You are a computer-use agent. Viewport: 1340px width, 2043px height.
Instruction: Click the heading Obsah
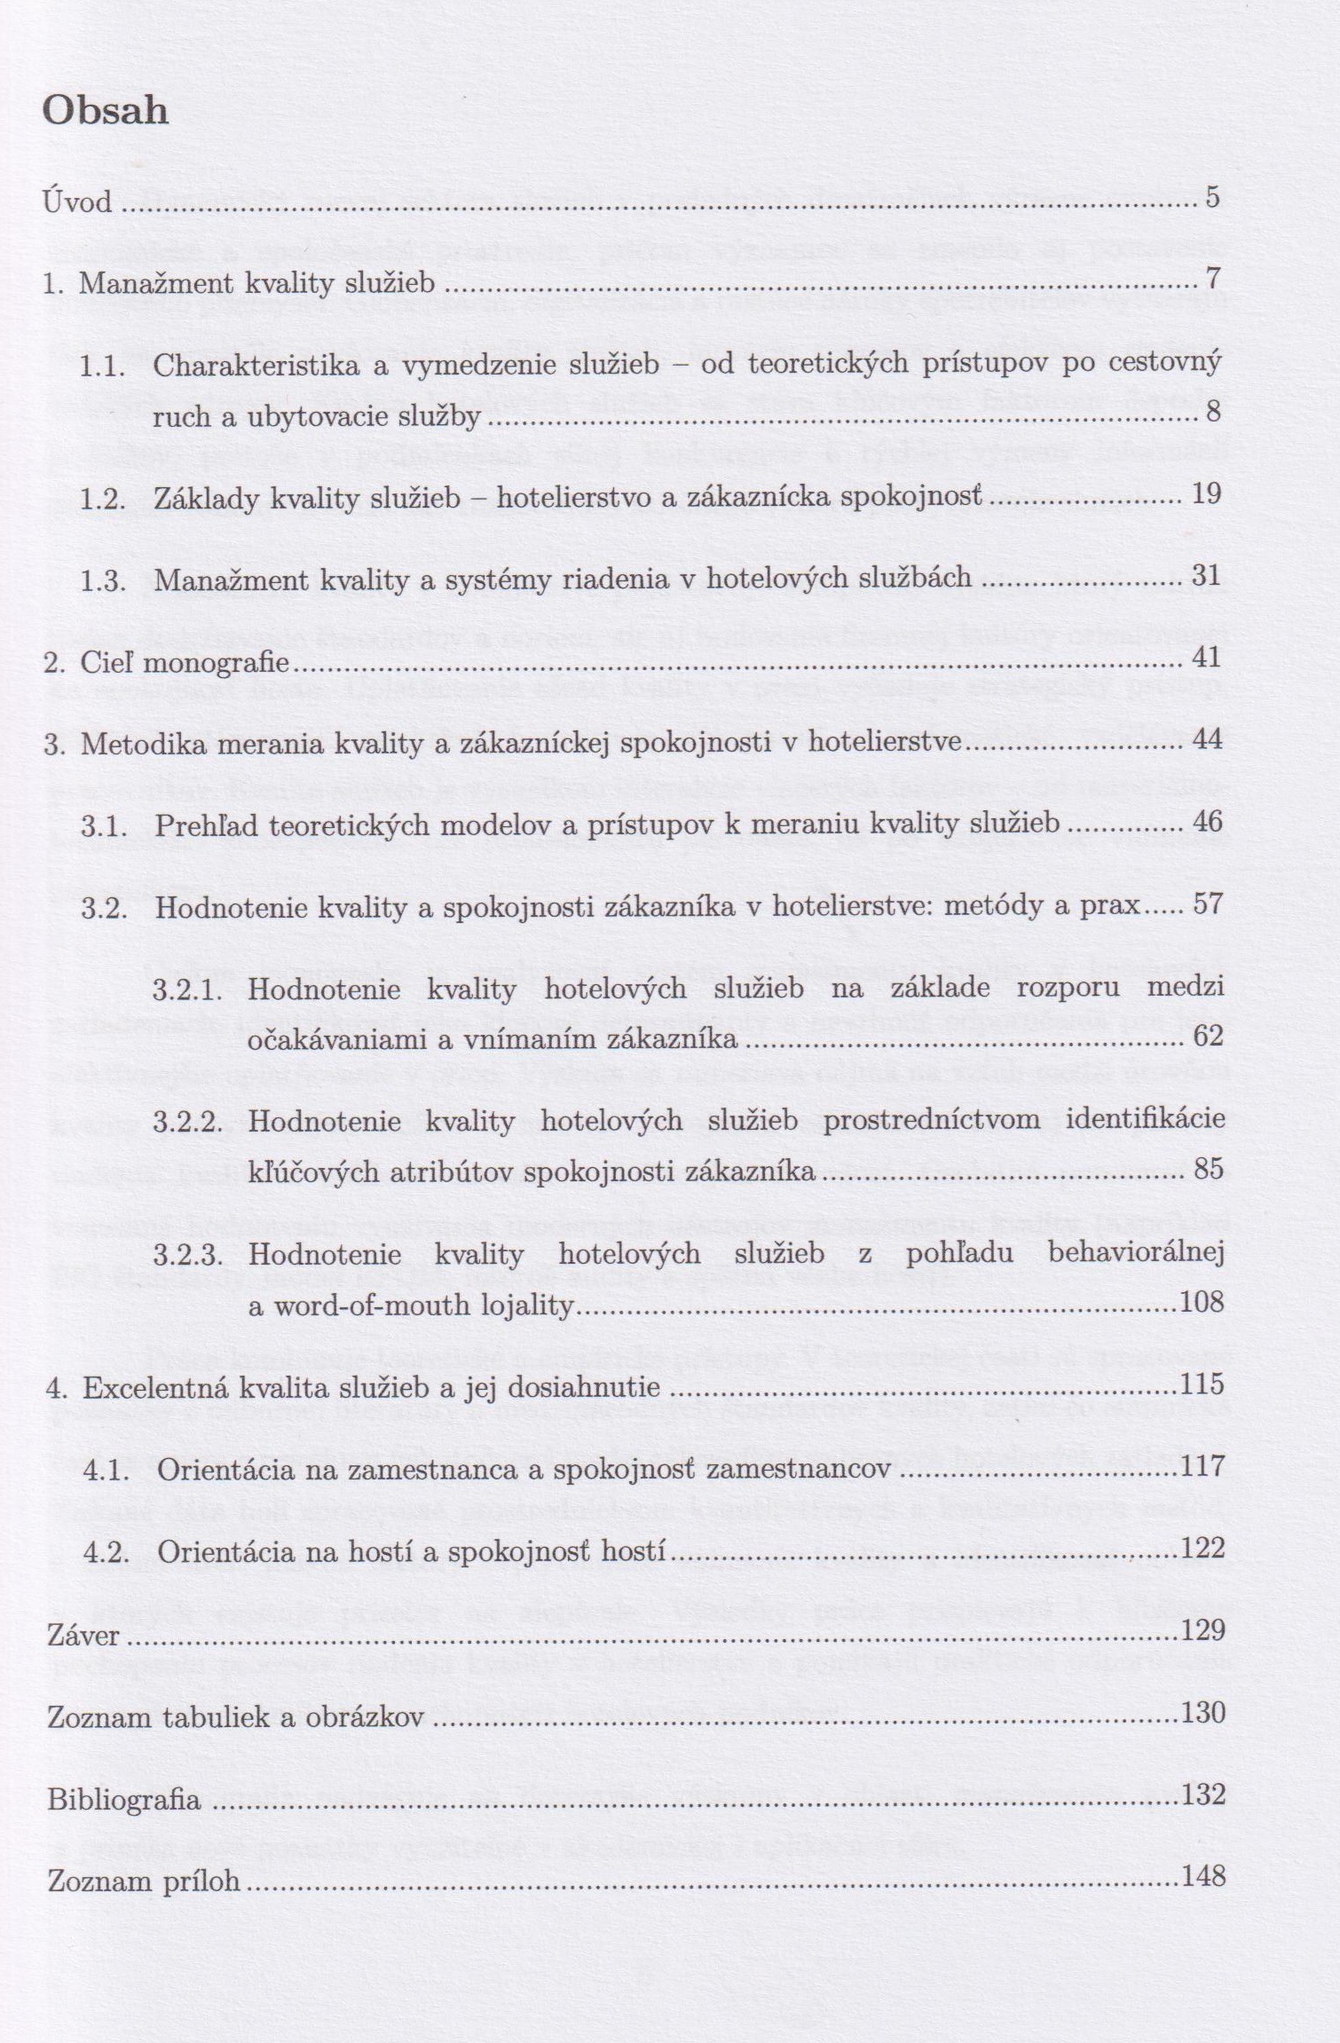click(x=106, y=112)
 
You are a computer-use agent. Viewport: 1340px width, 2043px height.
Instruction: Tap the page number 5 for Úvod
click(x=1213, y=197)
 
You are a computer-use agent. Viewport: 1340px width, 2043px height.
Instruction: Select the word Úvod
click(x=78, y=202)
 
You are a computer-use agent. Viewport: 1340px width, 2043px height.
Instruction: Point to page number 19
click(x=1207, y=493)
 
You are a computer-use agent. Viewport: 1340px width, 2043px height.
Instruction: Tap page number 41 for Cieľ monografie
click(x=1207, y=658)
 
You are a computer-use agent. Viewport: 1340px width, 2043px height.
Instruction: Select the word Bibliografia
click(x=123, y=1800)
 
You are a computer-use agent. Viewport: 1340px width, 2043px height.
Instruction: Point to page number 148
click(x=1203, y=1875)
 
